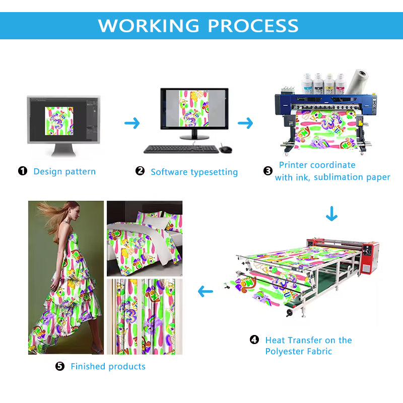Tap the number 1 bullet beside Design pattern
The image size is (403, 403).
pos(23,171)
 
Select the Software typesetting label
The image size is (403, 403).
pos(194,172)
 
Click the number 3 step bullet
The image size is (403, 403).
pos(268,171)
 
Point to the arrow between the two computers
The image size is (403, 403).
pos(132,123)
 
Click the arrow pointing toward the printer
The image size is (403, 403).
pos(245,123)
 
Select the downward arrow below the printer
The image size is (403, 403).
pos(331,214)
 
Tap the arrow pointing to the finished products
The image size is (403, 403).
pos(205,291)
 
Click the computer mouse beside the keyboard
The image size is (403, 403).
pos(225,149)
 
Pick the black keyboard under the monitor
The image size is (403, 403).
pos(181,149)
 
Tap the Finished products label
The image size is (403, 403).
pos(108,366)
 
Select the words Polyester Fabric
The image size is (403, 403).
pos(299,351)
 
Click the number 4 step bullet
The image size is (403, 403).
pos(254,340)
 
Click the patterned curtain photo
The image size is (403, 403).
pos(145,316)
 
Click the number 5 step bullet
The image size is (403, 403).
pos(60,366)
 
